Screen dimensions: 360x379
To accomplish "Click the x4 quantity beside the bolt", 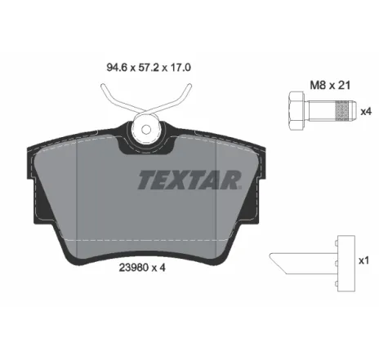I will (x=366, y=111).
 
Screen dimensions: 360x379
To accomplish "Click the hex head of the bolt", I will (x=295, y=110).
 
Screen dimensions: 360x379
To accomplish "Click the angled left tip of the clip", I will (x=278, y=262).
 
